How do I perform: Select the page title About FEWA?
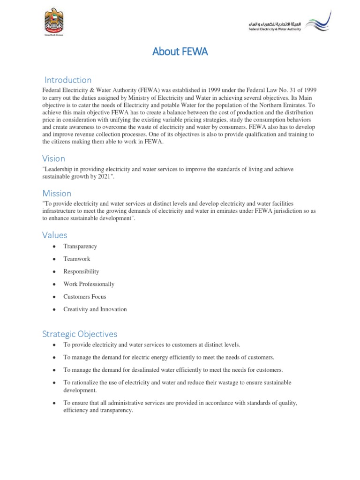point(180,52)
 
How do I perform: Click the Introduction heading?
point(68,80)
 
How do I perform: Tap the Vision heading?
point(53,158)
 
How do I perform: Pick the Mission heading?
point(57,193)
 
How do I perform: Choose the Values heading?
point(54,235)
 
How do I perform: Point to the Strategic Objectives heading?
point(80,334)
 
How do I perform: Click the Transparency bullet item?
point(80,246)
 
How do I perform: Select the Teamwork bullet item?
point(77,259)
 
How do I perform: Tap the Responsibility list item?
point(81,271)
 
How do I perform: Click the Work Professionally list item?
point(89,284)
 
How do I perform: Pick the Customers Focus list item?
point(85,297)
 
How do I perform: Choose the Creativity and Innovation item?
point(95,309)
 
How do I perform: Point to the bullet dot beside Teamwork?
point(55,259)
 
